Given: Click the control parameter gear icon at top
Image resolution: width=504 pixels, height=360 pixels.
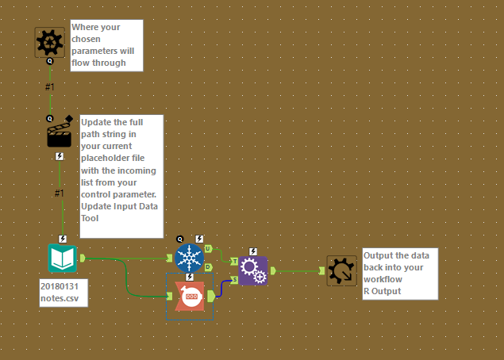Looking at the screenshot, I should click(49, 41).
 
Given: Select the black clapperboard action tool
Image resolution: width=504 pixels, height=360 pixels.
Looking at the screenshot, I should click(60, 135).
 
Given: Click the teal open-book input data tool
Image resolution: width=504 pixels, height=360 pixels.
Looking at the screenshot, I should click(62, 259).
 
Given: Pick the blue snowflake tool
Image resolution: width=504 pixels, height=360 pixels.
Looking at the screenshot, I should click(189, 258).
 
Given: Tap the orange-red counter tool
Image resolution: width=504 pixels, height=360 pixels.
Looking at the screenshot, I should click(190, 296).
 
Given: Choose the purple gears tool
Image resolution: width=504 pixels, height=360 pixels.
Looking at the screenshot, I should click(253, 270).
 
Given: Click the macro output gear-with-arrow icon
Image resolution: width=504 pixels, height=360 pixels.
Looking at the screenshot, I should click(342, 270).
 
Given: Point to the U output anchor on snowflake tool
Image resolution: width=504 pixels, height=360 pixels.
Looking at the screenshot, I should click(208, 248).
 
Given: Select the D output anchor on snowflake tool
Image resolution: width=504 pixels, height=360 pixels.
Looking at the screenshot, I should click(208, 267).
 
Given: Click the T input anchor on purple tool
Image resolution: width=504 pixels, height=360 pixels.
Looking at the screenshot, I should click(234, 261).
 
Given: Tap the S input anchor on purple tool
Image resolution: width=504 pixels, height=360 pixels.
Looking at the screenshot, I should click(234, 279).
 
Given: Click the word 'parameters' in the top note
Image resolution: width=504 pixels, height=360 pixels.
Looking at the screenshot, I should click(97, 51).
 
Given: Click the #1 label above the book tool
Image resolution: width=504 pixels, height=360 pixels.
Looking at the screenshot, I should click(59, 193).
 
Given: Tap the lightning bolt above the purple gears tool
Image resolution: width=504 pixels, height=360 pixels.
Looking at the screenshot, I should click(253, 251).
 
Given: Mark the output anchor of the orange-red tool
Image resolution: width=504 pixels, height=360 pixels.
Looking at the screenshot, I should click(211, 296).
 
